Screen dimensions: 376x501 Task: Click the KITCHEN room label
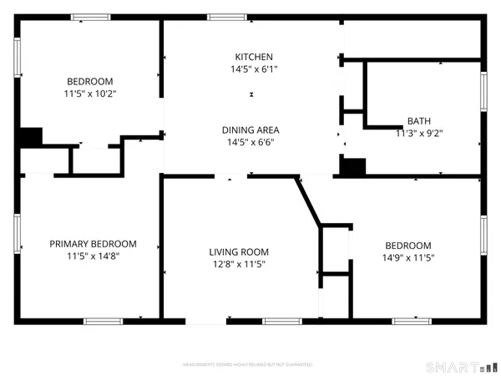coord(250,57)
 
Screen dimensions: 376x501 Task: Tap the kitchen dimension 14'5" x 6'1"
coord(250,69)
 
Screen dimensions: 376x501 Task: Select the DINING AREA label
coord(250,130)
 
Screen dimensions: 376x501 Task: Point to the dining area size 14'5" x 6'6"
coord(250,142)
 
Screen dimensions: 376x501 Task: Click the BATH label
coord(419,120)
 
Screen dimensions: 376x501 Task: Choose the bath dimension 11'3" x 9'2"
coord(419,132)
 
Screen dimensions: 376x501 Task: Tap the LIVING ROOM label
coord(239,252)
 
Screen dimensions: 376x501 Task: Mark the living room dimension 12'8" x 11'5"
coord(239,264)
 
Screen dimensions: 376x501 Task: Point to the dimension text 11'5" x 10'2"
coord(90,94)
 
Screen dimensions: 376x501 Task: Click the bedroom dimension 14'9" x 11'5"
coord(409,257)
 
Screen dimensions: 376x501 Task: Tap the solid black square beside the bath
coord(352,167)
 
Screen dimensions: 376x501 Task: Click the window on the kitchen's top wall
coord(220,17)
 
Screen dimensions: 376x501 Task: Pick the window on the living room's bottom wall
coord(281,321)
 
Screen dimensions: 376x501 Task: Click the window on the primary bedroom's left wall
coord(17,234)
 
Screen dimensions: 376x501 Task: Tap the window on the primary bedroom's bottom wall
coord(104,321)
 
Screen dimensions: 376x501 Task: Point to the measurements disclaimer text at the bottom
coord(248,365)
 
